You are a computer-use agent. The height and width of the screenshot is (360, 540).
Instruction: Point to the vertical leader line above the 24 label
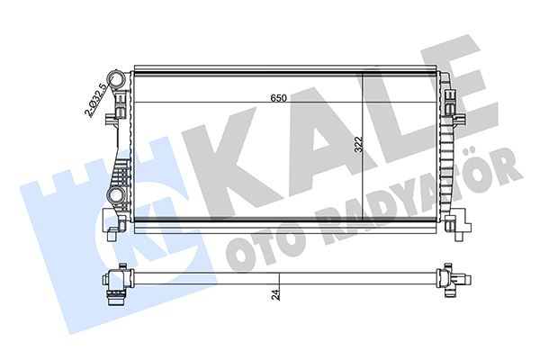coord(280,284)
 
